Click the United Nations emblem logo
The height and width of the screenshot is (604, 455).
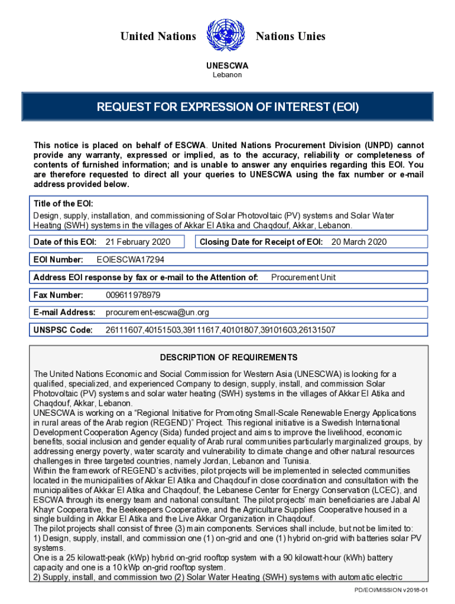click(x=226, y=37)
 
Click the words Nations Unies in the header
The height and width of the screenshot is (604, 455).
click(x=290, y=37)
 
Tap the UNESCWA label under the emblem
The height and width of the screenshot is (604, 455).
click(x=227, y=65)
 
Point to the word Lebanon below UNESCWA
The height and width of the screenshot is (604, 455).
click(x=227, y=75)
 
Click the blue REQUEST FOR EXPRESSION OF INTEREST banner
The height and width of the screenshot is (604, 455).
click(x=227, y=108)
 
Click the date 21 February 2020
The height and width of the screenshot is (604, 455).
click(x=138, y=242)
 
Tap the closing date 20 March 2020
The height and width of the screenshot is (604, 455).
click(x=359, y=242)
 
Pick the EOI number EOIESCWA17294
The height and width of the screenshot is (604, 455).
click(x=130, y=260)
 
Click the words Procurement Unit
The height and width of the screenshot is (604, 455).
click(x=303, y=277)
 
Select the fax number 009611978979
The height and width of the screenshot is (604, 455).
click(x=133, y=295)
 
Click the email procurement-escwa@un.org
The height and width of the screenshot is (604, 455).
click(x=157, y=312)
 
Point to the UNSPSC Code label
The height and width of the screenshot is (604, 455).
click(x=63, y=330)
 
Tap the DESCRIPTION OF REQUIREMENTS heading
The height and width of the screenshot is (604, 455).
click(x=229, y=357)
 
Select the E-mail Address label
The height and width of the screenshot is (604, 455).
click(x=64, y=312)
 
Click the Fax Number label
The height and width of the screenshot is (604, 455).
click(x=58, y=295)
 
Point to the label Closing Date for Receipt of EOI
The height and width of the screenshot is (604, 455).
click(x=261, y=242)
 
